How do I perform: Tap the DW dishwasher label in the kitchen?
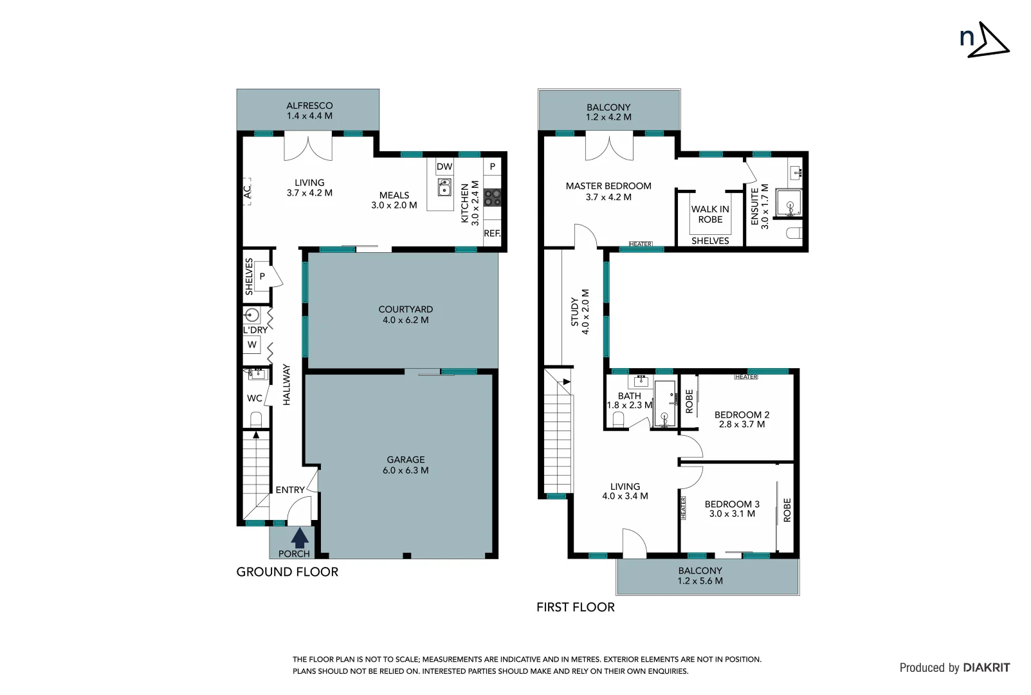pyautogui.click(x=444, y=167)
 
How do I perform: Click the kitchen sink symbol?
pyautogui.click(x=444, y=187)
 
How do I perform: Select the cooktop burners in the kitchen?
pyautogui.click(x=493, y=197)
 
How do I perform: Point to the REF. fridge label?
pyautogui.click(x=492, y=234)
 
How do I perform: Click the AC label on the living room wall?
pyautogui.click(x=247, y=192)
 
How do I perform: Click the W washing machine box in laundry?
pyautogui.click(x=252, y=345)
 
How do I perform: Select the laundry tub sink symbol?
pyautogui.click(x=252, y=315)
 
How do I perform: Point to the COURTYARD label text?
pyautogui.click(x=405, y=310)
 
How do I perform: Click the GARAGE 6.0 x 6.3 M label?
pyautogui.click(x=405, y=465)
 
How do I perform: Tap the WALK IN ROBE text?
pyautogui.click(x=710, y=214)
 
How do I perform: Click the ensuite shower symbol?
pyautogui.click(x=789, y=204)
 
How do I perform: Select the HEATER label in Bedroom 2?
pyautogui.click(x=746, y=377)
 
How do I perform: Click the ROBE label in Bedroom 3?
pyautogui.click(x=787, y=510)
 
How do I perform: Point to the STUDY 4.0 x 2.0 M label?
pyautogui.click(x=579, y=311)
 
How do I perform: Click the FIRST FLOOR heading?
pyautogui.click(x=575, y=607)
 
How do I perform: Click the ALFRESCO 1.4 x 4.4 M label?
pyautogui.click(x=309, y=111)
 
